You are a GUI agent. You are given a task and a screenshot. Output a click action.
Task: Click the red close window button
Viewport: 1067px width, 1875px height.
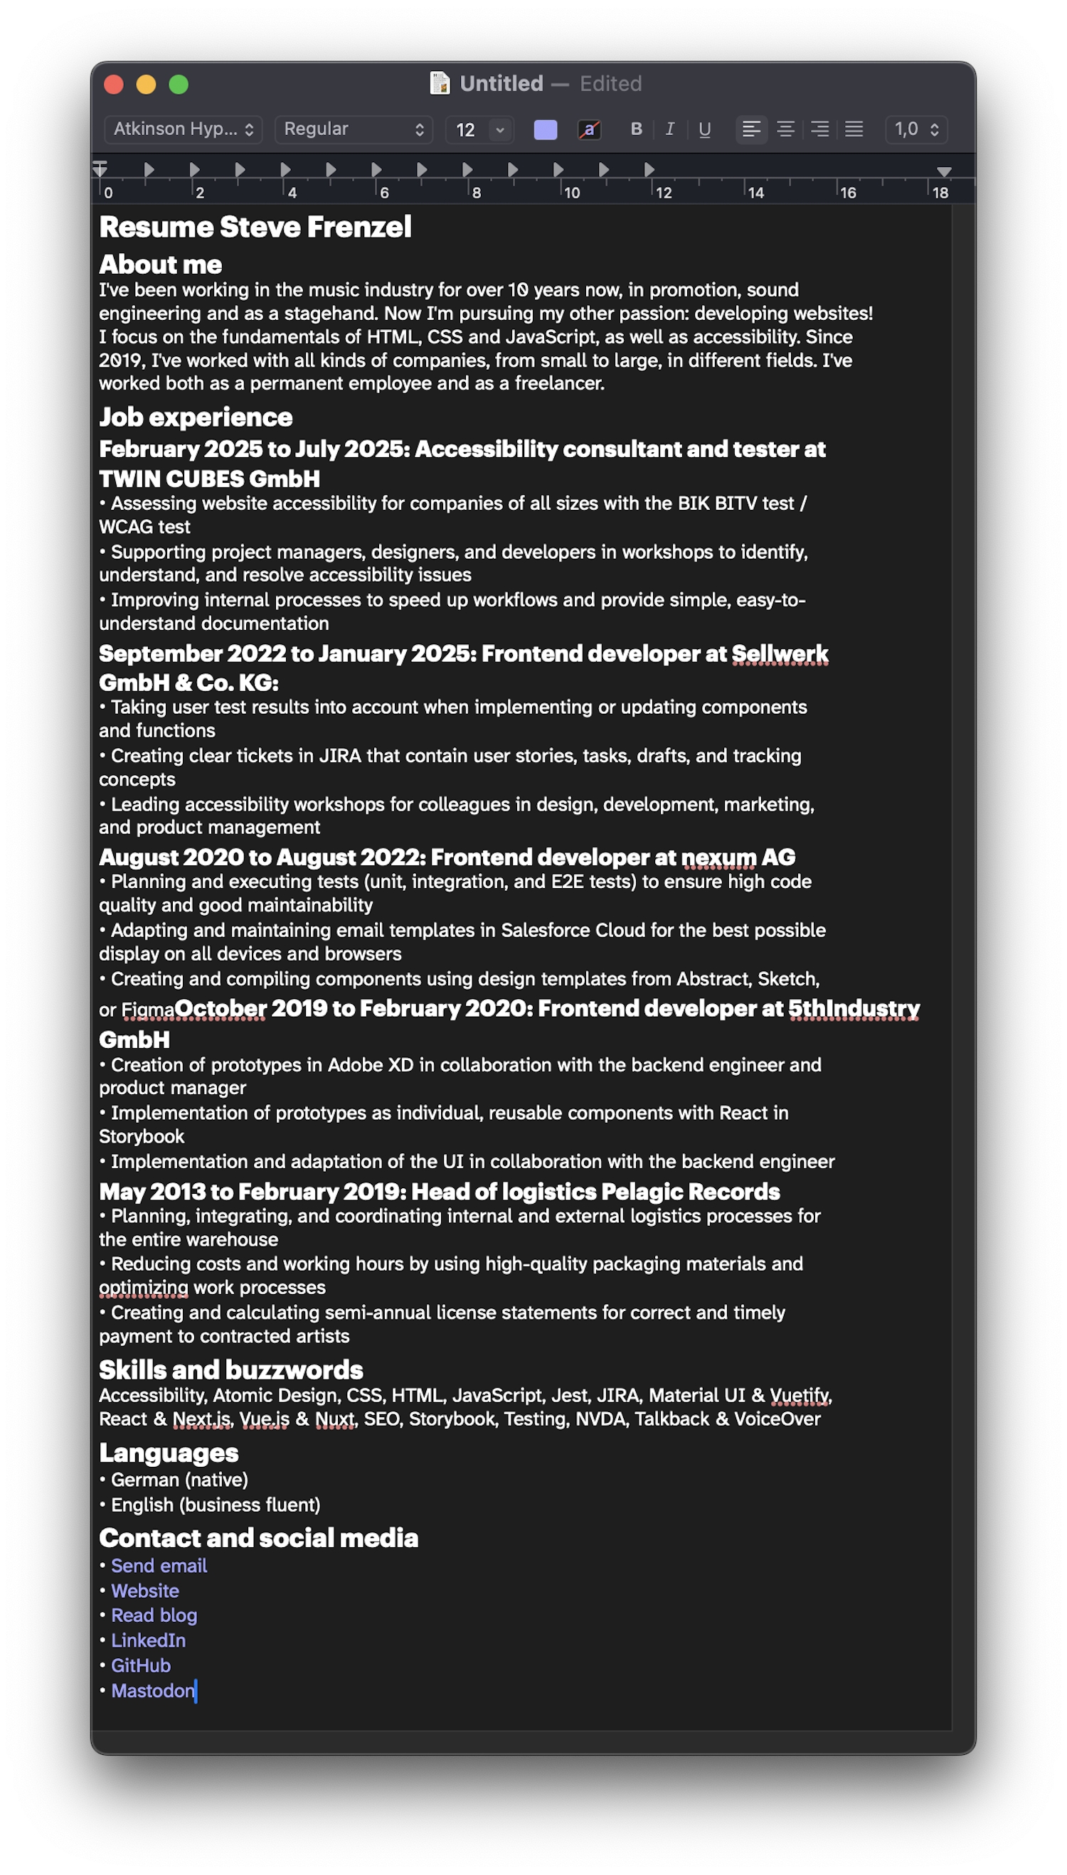pos(114,85)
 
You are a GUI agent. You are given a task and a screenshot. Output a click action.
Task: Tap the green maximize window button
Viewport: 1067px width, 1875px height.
pos(179,85)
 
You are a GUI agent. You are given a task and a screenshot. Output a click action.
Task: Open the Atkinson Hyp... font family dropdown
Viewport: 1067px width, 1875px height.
pos(184,129)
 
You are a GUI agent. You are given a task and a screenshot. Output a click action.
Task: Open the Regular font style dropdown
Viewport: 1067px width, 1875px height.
pos(354,129)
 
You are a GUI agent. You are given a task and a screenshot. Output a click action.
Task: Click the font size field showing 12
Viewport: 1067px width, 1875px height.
pos(466,130)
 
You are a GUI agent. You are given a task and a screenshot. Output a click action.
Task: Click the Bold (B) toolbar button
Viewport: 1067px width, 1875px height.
pos(636,129)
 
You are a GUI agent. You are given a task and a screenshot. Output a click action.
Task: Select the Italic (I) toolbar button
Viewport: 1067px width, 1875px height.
pos(670,129)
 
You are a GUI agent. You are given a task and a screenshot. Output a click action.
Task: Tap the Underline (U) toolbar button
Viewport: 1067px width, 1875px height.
pos(704,129)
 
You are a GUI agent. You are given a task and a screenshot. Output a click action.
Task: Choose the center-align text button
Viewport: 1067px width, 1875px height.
pos(785,129)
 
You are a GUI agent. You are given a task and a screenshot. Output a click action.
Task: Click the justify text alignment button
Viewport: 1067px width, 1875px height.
pos(854,129)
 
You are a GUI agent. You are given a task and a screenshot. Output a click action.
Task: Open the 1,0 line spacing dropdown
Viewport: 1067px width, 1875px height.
pos(916,129)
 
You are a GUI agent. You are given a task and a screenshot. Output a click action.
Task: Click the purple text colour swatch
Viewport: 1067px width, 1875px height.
pos(545,130)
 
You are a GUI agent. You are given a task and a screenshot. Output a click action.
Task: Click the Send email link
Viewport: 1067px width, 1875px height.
pos(159,1566)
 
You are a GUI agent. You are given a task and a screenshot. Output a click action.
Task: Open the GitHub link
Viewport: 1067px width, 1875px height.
pos(141,1665)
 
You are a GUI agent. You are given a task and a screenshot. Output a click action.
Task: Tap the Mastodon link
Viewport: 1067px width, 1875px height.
pos(152,1690)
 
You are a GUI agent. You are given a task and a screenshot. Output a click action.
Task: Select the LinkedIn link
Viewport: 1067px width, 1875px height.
pos(148,1640)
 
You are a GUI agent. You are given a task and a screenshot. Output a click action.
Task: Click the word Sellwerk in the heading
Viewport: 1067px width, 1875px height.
pos(780,653)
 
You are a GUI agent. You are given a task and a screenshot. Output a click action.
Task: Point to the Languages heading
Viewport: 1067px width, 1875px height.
pos(169,1453)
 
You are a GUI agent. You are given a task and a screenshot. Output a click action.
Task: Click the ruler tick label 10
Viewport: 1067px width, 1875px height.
pos(572,193)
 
